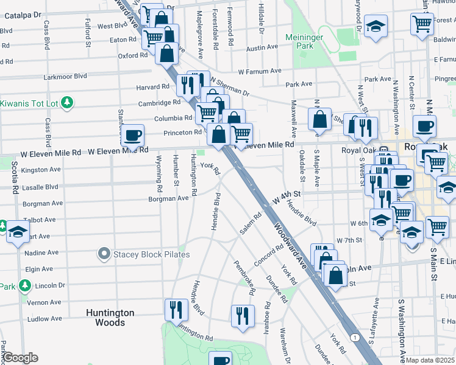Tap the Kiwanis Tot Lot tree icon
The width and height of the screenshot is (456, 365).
[68, 102]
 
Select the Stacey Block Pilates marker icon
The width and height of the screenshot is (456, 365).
[105, 254]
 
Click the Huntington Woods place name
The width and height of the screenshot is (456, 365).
[110, 318]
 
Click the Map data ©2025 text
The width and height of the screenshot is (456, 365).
[430, 360]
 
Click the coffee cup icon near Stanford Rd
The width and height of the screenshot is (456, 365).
[132, 135]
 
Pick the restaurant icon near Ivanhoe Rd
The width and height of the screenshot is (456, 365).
[243, 315]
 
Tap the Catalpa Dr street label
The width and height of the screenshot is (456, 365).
[23, 14]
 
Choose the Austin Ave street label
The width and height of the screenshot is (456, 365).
[262, 47]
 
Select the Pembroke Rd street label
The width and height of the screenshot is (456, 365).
[244, 277]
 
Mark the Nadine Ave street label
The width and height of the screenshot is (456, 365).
[42, 252]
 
